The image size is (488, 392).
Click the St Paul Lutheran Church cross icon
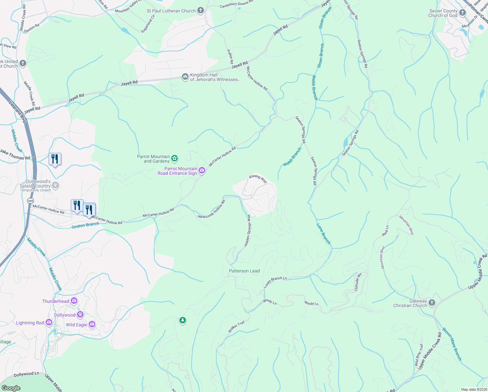(x=201, y=11)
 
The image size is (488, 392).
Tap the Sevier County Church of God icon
(x=462, y=13)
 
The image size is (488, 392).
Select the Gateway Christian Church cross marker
(x=432, y=303)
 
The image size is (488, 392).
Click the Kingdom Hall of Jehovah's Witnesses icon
(x=185, y=77)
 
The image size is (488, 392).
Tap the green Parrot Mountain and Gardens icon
(x=175, y=158)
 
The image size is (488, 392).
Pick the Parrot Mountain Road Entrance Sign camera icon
(x=202, y=171)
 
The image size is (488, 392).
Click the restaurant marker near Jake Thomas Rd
(x=55, y=159)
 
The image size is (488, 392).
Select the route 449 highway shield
(x=30, y=200)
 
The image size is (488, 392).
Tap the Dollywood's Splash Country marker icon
(x=55, y=185)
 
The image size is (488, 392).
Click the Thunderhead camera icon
(x=74, y=301)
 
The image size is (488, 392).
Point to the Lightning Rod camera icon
(x=49, y=322)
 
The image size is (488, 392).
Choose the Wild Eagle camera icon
(x=92, y=324)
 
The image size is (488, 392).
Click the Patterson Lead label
(x=244, y=271)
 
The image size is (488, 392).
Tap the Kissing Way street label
(x=258, y=179)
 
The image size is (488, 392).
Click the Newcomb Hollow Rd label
(x=212, y=209)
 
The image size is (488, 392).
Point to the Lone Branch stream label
(x=324, y=234)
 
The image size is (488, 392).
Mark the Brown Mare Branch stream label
(x=452, y=344)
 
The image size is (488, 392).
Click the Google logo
(x=11, y=388)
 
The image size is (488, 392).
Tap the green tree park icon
(x=183, y=320)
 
